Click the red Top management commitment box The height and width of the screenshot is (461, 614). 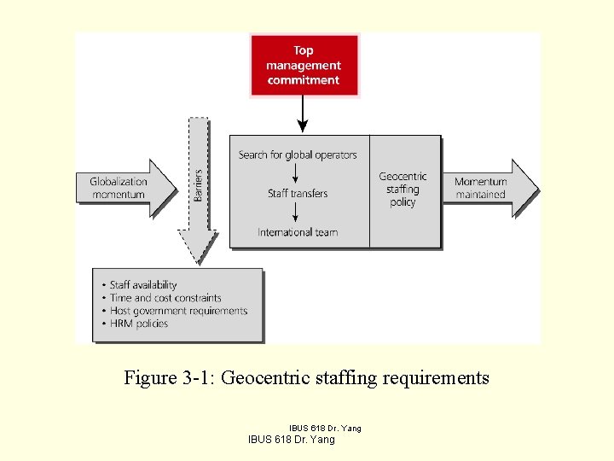coord(304,66)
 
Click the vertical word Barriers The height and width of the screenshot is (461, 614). coord(198,184)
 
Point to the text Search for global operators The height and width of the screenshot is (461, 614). coord(298,155)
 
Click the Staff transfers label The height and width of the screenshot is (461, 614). coord(298,194)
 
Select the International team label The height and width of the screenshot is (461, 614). coord(298,232)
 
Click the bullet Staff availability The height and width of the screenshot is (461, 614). coord(143,285)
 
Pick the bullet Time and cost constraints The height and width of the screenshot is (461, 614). coord(165,298)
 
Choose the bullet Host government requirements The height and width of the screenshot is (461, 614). coord(178,311)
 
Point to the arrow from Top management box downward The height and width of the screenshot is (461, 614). coord(303,115)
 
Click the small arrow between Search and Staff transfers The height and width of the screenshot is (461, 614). coord(295,174)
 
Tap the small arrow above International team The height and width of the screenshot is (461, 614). coord(295,213)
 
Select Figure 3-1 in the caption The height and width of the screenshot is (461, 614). coord(170,377)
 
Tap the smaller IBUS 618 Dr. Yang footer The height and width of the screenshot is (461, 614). coord(325,428)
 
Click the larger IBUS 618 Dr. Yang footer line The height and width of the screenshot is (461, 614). coord(291,440)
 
